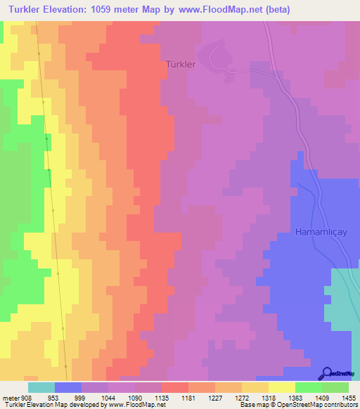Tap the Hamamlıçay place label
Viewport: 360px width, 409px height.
(x=321, y=231)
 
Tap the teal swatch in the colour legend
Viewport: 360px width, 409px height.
(x=41, y=387)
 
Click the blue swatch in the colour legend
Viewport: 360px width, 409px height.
(x=68, y=387)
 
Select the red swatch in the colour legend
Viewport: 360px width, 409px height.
(x=175, y=387)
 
